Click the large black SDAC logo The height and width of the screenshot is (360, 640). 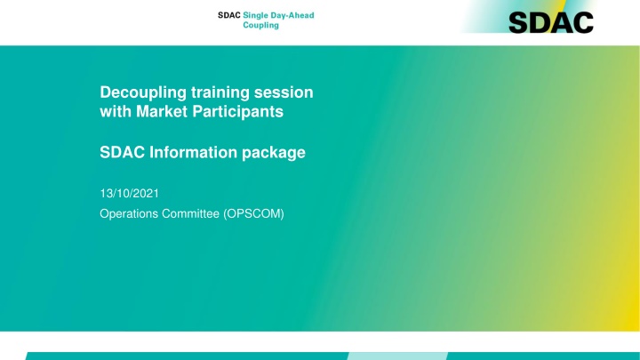[551, 22]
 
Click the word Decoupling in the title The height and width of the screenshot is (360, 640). [143, 92]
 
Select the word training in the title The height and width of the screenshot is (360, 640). [220, 92]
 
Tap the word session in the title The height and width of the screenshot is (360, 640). [284, 92]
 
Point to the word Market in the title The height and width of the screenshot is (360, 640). [162, 111]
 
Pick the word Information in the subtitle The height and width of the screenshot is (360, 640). [193, 152]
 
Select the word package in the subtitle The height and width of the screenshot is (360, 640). [274, 153]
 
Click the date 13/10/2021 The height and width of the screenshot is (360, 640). [130, 194]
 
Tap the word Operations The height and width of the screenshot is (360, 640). [129, 214]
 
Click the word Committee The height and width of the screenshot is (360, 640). [190, 213]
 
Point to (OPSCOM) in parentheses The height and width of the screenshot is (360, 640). [253, 214]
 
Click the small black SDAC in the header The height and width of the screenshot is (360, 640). [229, 15]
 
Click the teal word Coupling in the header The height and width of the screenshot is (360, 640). [260, 25]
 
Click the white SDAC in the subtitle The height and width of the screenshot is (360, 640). [123, 152]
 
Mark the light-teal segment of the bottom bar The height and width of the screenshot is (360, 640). [397, 356]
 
